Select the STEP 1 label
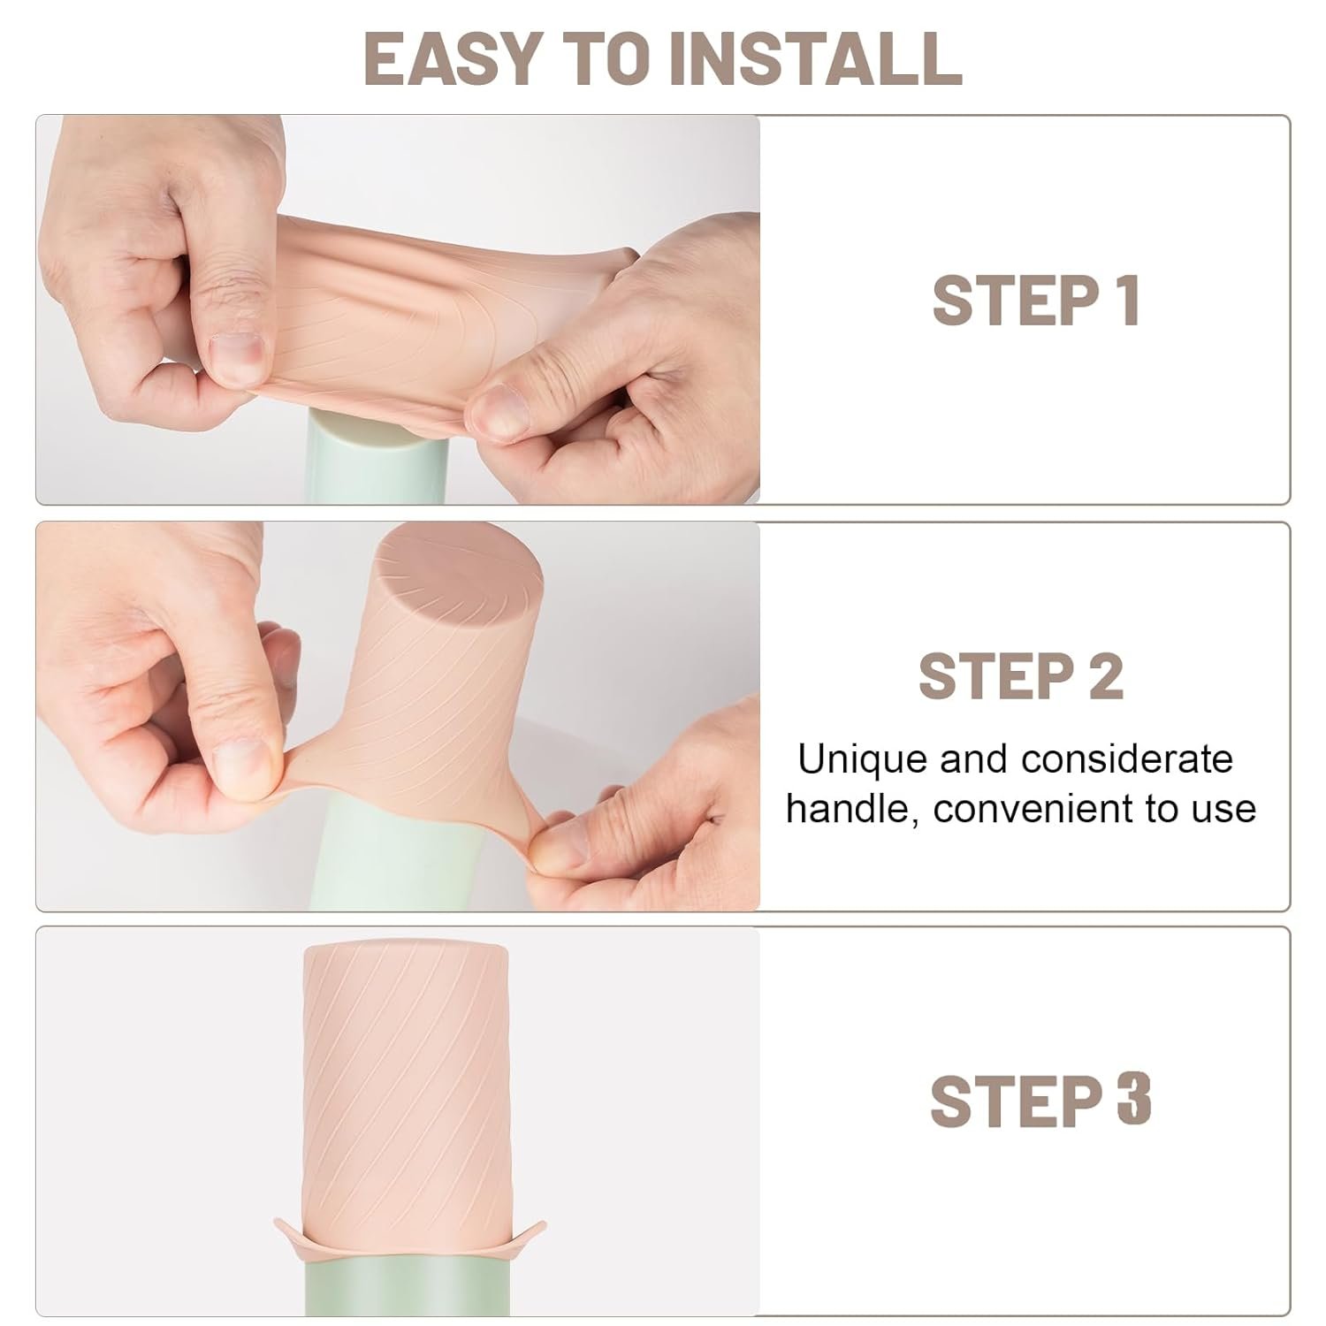tap(1035, 302)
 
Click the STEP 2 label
tap(1021, 677)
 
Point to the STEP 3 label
tap(1040, 1101)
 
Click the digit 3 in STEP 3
tap(1134, 1101)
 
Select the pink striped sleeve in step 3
tap(407, 1078)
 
